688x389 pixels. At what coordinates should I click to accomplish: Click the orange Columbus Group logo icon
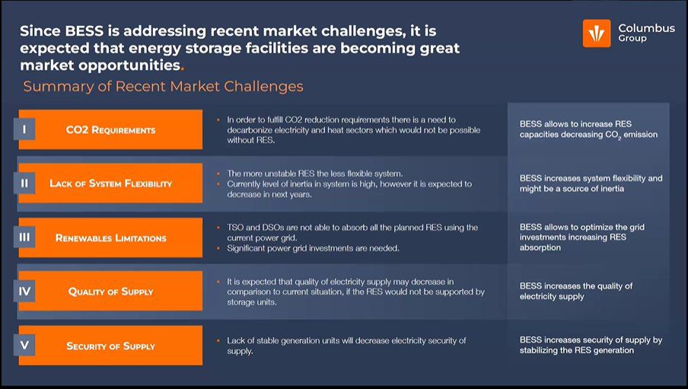pos(597,33)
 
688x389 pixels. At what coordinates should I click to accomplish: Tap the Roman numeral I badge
pos(24,129)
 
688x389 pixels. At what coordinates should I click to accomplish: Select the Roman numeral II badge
pos(24,183)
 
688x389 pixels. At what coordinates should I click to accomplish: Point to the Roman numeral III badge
pos(24,237)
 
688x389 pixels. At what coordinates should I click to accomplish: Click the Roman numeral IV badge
pos(24,291)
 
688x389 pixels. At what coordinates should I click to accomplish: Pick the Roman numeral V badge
pos(24,345)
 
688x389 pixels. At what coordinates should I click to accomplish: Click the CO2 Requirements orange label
pos(110,129)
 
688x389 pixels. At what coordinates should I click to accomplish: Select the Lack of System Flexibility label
pos(110,183)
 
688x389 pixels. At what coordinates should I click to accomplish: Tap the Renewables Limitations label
pos(110,238)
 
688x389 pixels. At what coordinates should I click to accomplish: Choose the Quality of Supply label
pos(110,291)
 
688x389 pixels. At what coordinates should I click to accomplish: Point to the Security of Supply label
pos(110,346)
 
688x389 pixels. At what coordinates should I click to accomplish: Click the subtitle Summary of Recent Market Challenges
pos(163,87)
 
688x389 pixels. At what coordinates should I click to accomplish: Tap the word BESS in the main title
pos(84,31)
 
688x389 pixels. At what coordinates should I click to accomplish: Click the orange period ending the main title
pos(182,69)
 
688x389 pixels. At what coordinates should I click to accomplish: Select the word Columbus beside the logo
pos(647,28)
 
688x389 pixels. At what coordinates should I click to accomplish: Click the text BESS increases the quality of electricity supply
pos(576,291)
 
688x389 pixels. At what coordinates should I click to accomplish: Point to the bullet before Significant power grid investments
pos(218,248)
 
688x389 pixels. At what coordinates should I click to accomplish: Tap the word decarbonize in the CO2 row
pos(250,130)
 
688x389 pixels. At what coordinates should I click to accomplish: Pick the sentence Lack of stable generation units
pos(346,346)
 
